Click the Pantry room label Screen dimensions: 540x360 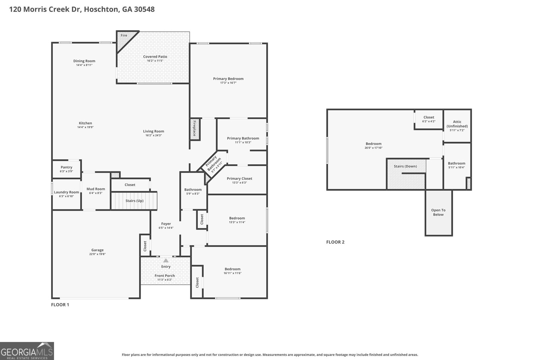(66, 167)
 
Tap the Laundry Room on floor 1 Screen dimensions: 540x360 (66, 194)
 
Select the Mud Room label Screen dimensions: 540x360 (96, 189)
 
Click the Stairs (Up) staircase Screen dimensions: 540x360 (134, 200)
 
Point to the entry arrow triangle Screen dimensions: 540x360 (166, 260)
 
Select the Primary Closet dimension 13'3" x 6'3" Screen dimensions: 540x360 (239, 183)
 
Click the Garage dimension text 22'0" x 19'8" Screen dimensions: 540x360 (98, 254)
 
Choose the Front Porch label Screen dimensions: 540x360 (165, 276)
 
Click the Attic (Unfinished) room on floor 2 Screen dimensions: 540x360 (457, 126)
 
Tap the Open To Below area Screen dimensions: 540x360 (438, 213)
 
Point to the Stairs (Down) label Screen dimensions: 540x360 (405, 166)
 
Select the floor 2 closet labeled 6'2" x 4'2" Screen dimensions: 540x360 (429, 119)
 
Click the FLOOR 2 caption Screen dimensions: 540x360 (335, 242)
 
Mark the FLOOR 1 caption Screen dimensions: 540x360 (60, 305)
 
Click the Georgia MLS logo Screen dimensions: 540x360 (27, 351)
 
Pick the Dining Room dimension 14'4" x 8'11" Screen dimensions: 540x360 (84, 65)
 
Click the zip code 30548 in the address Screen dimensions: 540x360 (144, 9)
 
